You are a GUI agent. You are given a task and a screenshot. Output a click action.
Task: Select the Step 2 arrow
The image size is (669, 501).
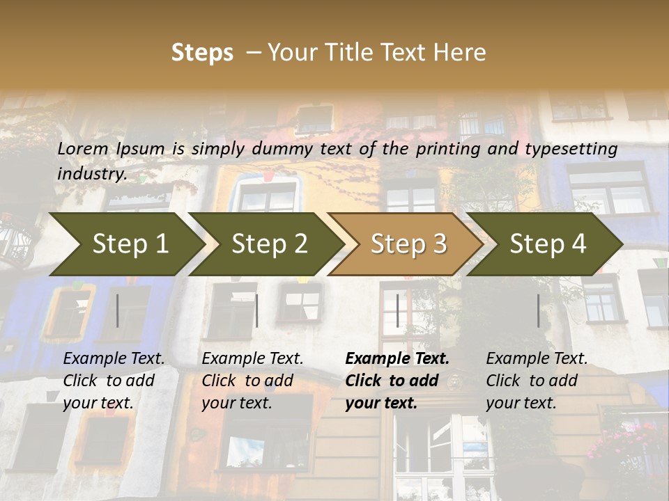[269, 244]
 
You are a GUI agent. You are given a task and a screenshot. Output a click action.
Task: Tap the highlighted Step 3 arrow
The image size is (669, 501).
[408, 244]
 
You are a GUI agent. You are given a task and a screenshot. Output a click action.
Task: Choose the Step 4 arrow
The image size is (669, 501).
[548, 244]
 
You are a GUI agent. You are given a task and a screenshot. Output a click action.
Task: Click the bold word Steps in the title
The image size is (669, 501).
[202, 53]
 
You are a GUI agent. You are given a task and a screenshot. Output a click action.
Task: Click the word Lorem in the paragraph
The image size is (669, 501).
[83, 149]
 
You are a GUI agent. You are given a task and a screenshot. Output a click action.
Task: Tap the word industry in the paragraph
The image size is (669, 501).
[91, 173]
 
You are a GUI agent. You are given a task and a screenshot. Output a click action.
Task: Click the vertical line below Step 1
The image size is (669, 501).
[117, 310]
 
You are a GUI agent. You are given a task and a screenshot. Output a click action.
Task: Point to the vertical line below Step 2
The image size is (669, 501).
[256, 310]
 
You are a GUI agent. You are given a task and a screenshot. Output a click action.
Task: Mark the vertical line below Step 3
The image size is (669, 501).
[397, 310]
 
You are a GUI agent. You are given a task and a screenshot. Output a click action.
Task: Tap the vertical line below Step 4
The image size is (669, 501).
[538, 310]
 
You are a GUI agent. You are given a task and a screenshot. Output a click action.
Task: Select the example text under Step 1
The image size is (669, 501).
[114, 381]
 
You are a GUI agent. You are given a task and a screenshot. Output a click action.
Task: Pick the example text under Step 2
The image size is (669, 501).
[252, 381]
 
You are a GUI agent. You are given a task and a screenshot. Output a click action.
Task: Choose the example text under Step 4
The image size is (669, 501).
[537, 381]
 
